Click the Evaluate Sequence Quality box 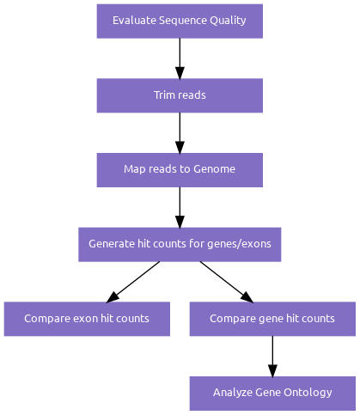coord(180,21)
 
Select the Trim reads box coord(180,95)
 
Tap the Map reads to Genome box coord(180,170)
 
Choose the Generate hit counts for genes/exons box coord(180,244)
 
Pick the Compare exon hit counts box coord(87,319)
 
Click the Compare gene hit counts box coord(272,319)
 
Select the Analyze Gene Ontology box coord(272,394)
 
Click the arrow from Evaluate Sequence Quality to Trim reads coord(180,58)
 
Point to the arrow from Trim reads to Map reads coord(180,133)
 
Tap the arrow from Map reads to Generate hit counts coord(180,207)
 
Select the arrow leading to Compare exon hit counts coord(133,282)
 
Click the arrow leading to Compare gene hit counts coord(227,282)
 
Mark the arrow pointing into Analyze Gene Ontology coord(272,357)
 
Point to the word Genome coord(214,169)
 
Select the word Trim coord(162,95)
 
